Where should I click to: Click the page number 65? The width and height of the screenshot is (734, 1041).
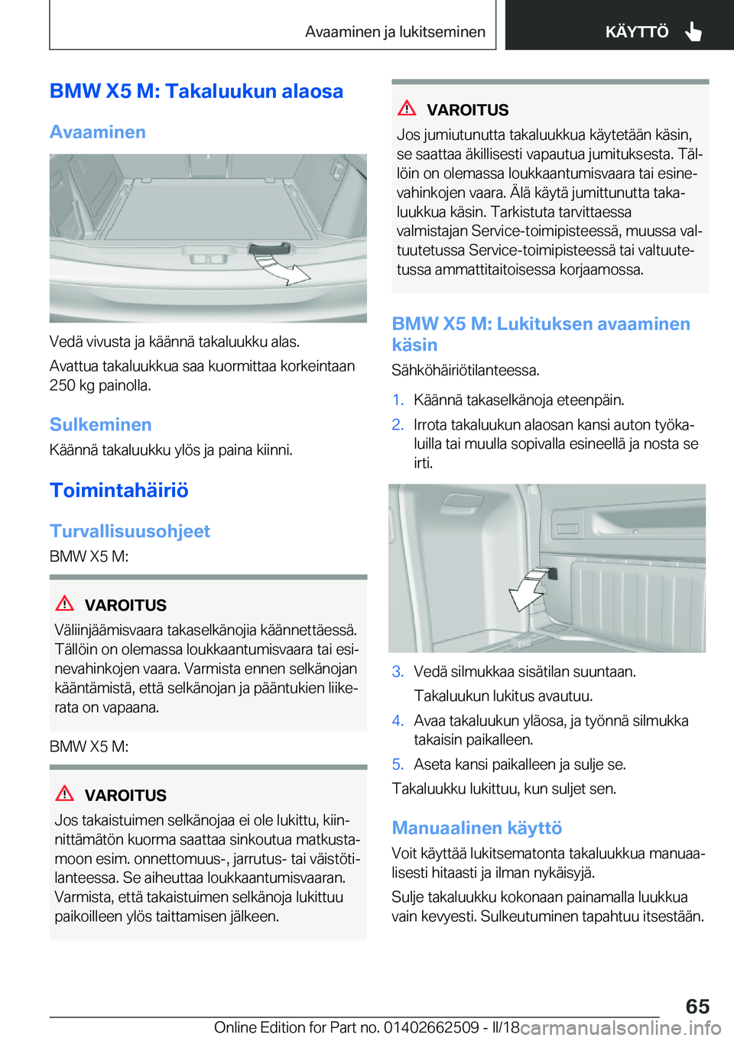697,1006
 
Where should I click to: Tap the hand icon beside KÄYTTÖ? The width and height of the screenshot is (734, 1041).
693,31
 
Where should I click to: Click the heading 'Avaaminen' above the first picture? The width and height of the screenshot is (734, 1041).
98,132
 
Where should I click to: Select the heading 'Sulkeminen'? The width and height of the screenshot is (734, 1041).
100,424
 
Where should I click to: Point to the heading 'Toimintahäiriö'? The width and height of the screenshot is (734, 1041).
119,490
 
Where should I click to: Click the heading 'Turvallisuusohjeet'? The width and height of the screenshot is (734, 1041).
129,531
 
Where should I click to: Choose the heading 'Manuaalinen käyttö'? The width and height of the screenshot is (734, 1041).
476,828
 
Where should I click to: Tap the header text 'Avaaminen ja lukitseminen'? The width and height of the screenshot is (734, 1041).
395,31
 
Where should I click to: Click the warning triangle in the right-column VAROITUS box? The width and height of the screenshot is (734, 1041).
407,109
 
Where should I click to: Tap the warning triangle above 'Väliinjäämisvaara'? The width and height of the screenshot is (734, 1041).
65,604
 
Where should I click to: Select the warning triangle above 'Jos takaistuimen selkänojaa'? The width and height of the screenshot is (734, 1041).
65,794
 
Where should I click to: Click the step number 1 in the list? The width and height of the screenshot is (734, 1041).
398,400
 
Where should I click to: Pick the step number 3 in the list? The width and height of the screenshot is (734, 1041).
398,671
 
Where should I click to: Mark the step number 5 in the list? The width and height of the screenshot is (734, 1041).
398,764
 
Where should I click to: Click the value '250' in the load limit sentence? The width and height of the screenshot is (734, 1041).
62,385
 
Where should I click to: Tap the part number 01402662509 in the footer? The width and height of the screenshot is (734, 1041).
431,1027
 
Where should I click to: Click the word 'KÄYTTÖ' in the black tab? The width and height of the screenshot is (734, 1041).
636,31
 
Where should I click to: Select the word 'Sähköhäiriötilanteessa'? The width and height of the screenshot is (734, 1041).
464,371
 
